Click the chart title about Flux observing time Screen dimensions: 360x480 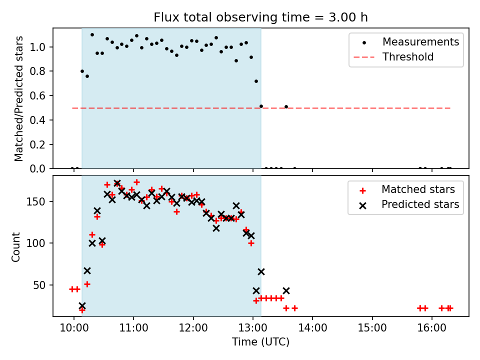coord(260,17)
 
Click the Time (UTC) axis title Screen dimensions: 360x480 coord(260,342)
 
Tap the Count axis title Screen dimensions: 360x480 coord(16,246)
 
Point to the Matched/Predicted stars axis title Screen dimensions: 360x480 coord(19,98)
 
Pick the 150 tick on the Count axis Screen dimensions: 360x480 coord(39,201)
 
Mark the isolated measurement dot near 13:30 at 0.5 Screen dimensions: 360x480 coord(286,106)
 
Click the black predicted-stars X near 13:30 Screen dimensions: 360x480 coord(286,290)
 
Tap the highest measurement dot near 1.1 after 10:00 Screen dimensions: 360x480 coord(92,34)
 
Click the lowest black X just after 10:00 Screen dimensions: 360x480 coord(82,305)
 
